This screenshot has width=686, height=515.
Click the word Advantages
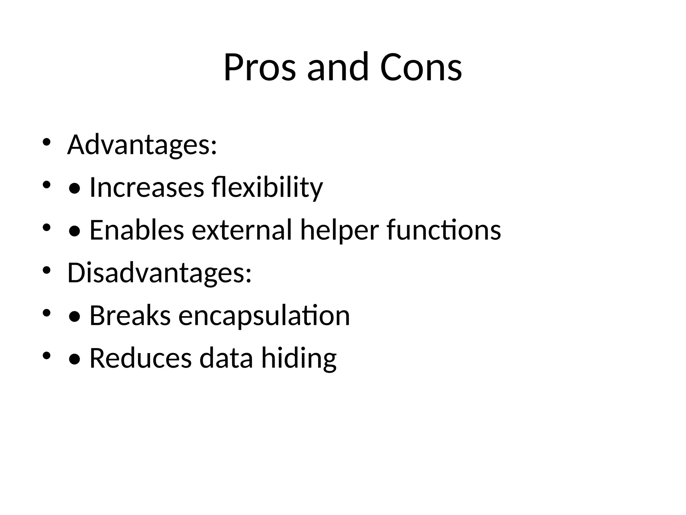pos(142,145)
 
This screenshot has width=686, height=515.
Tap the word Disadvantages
pos(159,273)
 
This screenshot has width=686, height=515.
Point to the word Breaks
pos(130,316)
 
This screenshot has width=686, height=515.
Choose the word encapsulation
pos(264,316)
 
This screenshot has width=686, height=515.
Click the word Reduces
pos(141,358)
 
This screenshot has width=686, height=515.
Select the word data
pos(226,358)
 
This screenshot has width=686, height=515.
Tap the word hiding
pos(299,358)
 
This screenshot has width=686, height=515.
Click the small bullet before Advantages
pos(47,142)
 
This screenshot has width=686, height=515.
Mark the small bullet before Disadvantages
pos(47,270)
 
